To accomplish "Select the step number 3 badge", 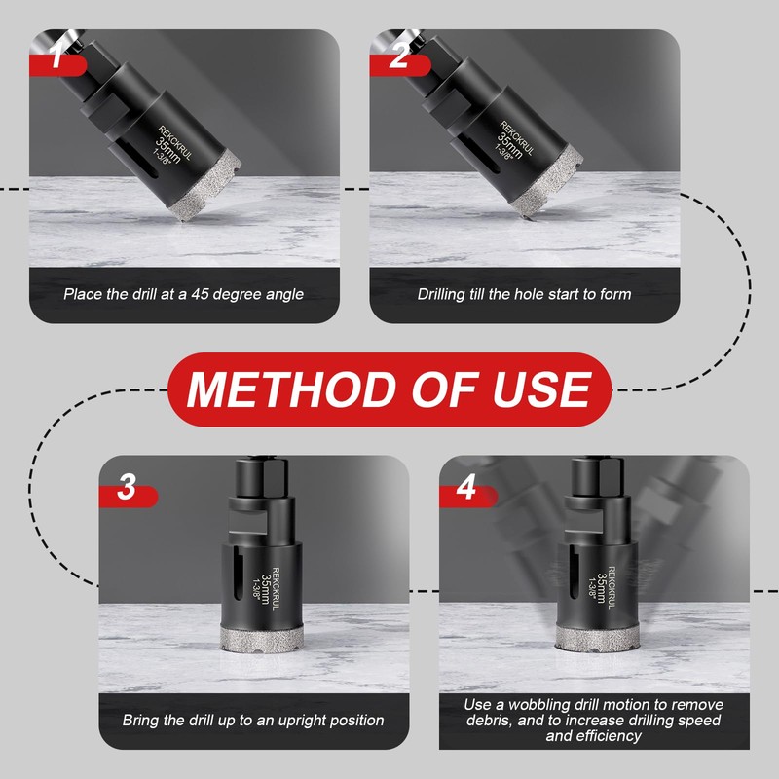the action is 128,491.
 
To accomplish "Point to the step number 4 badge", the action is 467,491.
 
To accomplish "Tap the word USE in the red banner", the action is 542,390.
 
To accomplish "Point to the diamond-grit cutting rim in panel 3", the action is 262,639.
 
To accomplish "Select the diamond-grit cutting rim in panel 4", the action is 597,639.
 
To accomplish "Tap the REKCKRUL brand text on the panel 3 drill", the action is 276,589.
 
